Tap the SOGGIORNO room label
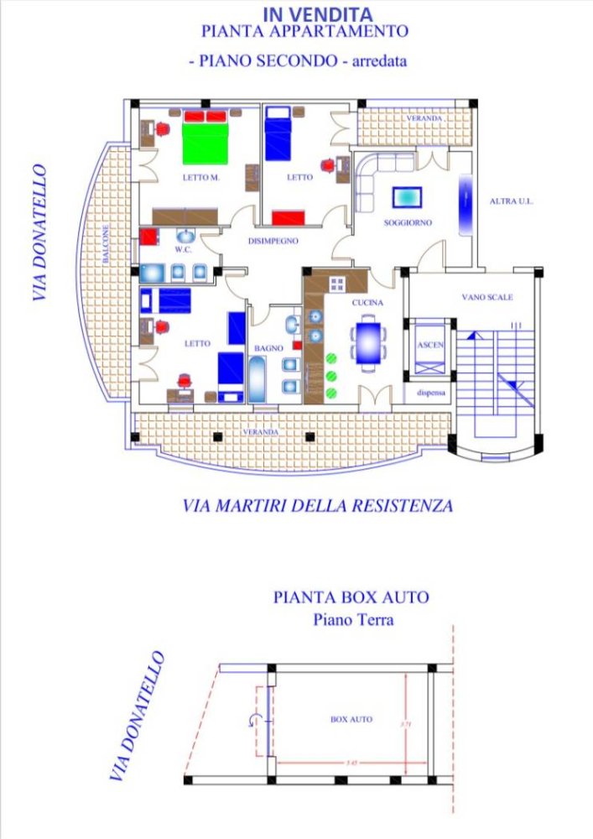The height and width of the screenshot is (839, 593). tap(408, 223)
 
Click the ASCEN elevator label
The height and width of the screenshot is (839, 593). tap(430, 345)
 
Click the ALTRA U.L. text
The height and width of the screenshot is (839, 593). tap(512, 201)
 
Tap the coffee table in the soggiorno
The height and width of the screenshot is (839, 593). tap(408, 197)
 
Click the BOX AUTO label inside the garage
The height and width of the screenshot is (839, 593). tap(351, 720)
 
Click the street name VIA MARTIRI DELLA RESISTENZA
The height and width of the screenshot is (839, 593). tap(318, 506)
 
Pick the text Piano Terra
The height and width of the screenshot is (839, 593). tap(353, 621)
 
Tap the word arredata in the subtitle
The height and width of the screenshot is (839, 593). tap(384, 61)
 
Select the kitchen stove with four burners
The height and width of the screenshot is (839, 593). tap(337, 284)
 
